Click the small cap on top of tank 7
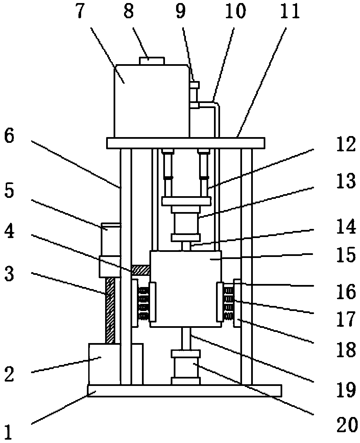pyautogui.click(x=152, y=61)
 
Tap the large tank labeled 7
pyautogui.click(x=152, y=101)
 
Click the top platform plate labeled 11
pyautogui.click(x=186, y=143)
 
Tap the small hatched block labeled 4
pyautogui.click(x=141, y=270)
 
